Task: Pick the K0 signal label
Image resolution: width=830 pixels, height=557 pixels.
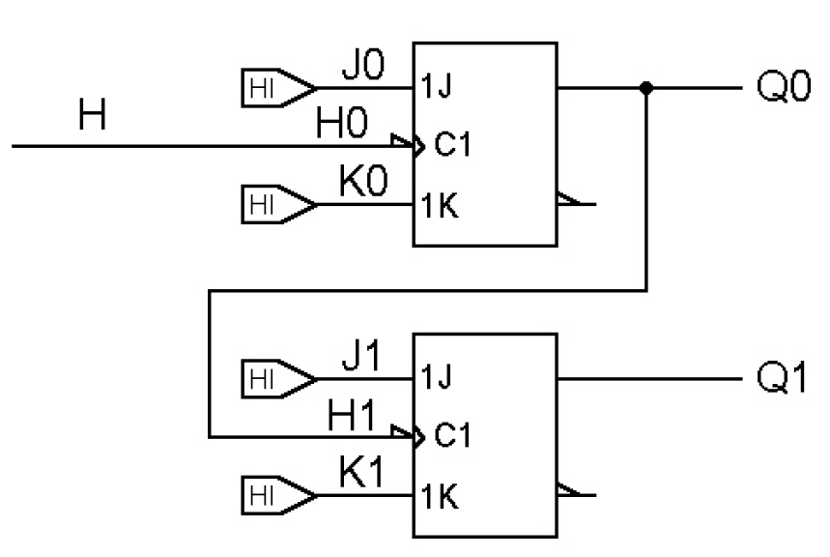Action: (361, 185)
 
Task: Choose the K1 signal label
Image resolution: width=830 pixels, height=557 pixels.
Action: (361, 475)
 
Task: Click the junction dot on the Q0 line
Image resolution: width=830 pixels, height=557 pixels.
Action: (646, 88)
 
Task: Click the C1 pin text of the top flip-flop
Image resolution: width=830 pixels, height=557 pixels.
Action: (449, 147)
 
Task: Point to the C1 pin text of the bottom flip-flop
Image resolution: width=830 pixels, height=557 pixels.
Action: (449, 437)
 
